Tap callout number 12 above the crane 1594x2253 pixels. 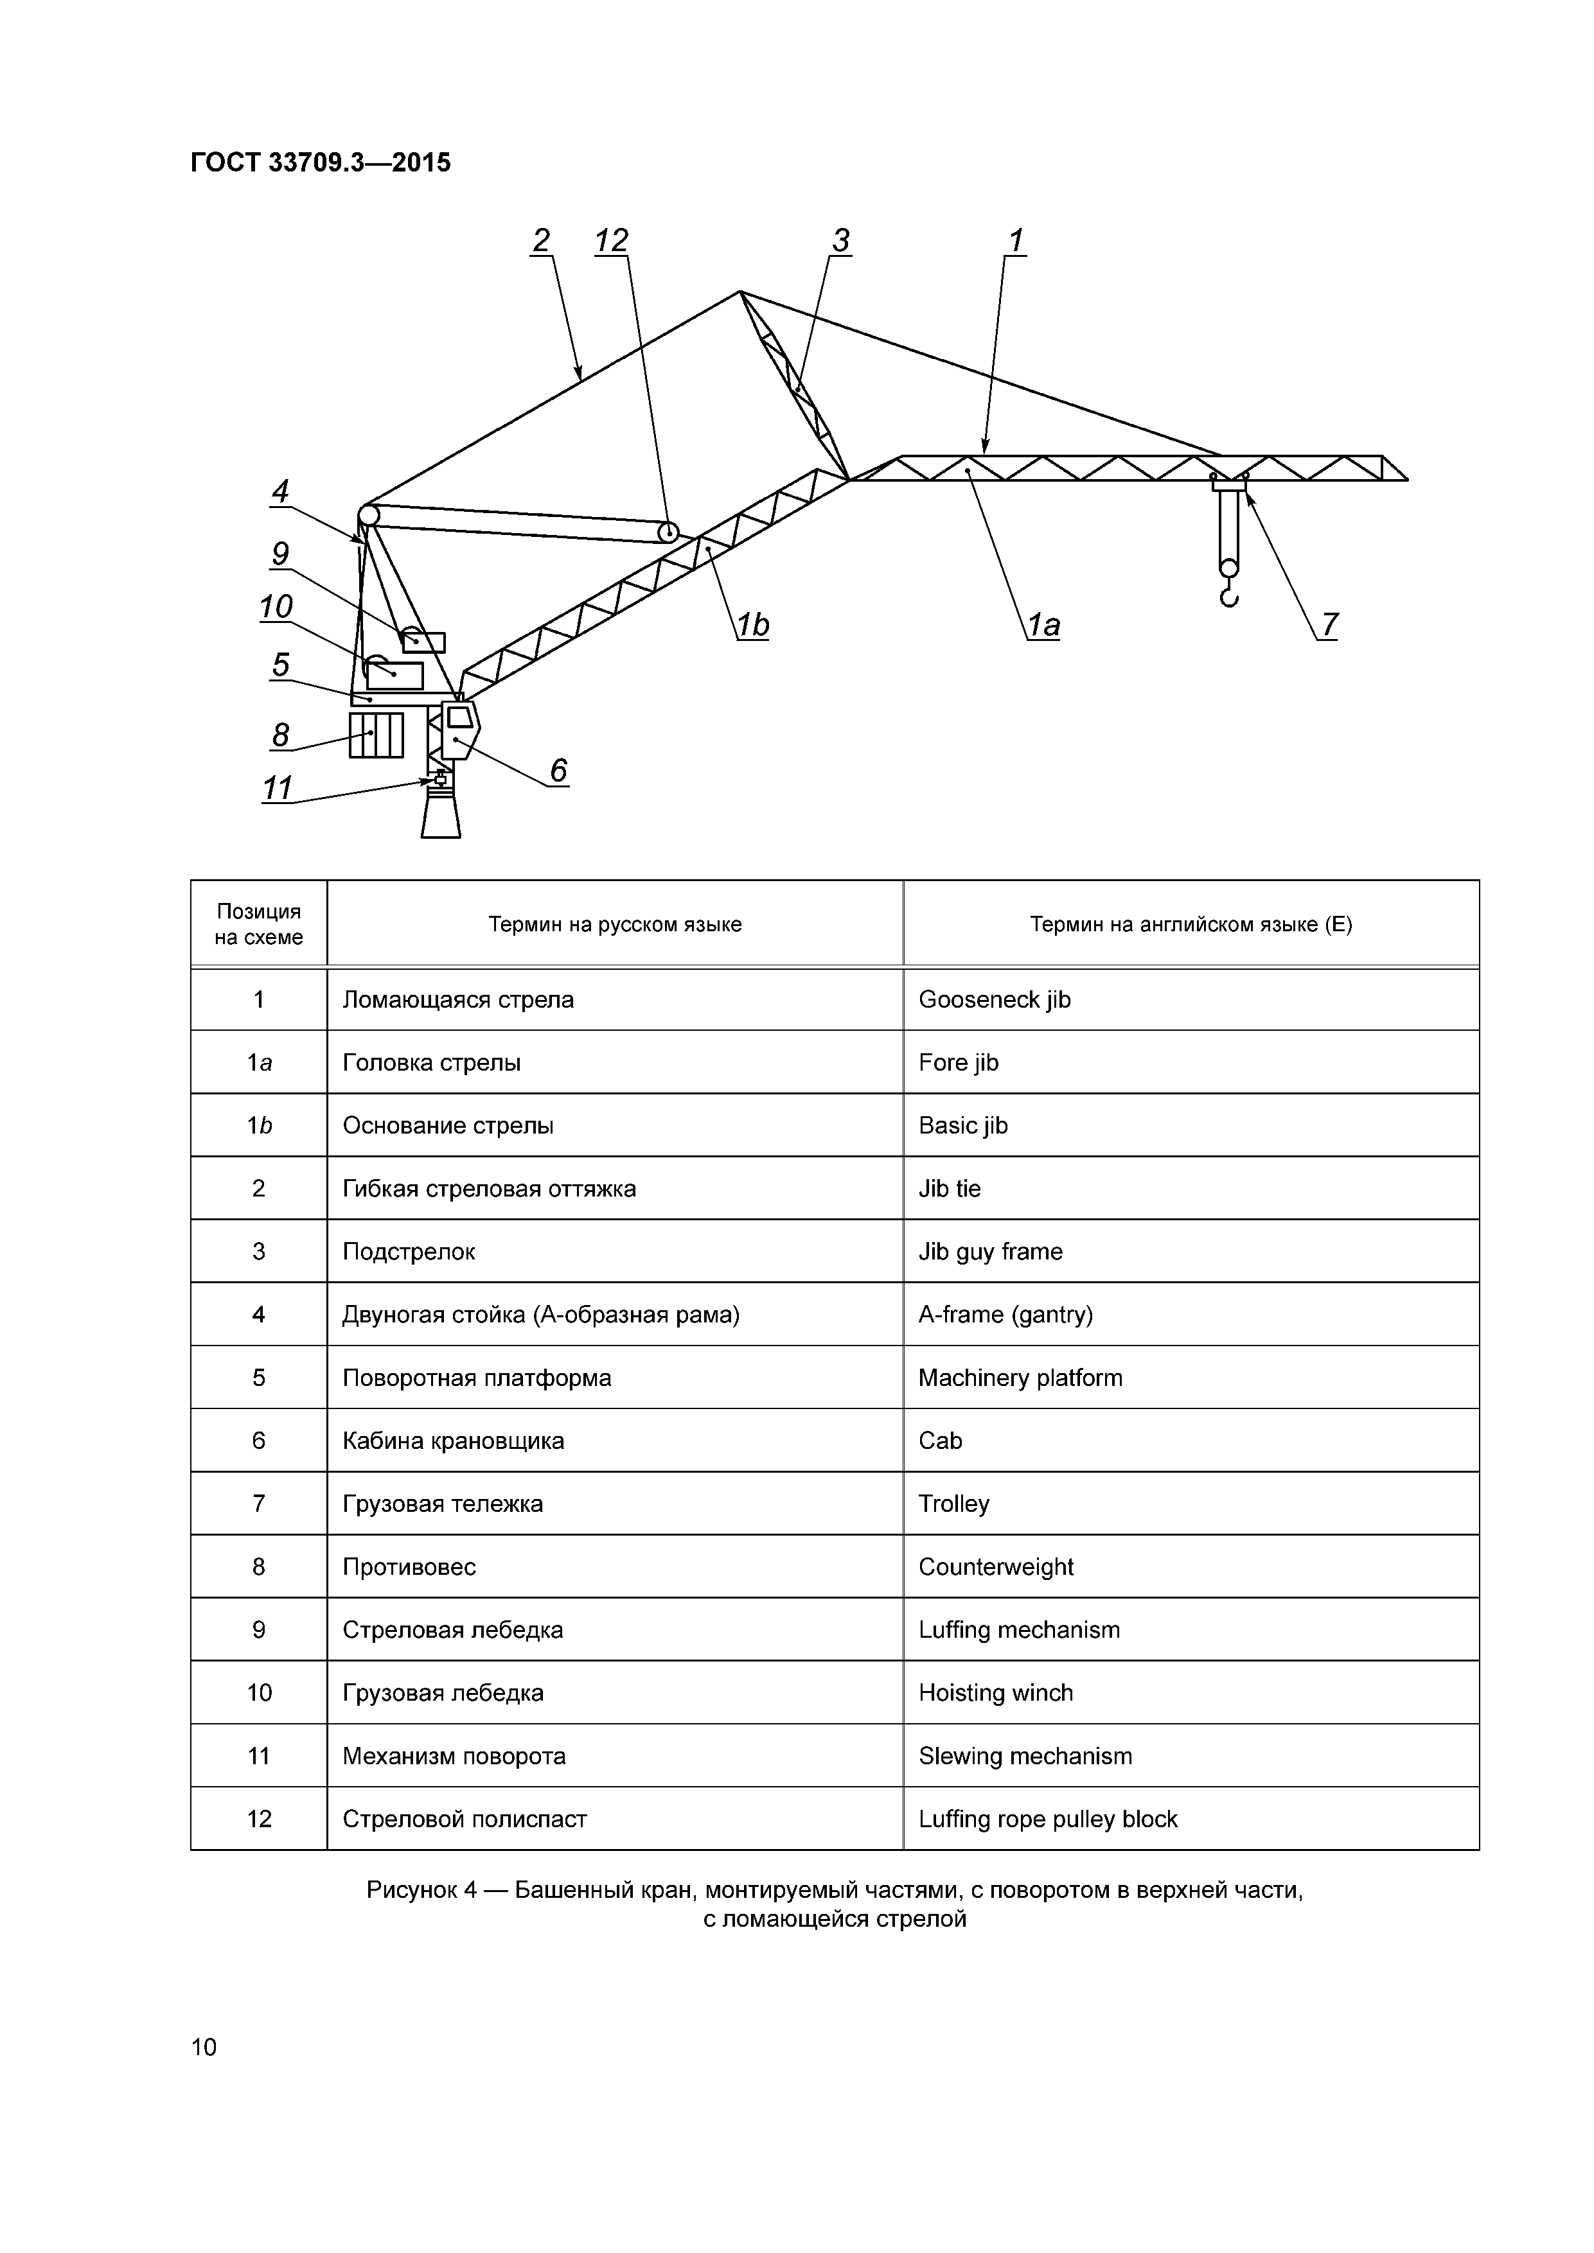click(612, 240)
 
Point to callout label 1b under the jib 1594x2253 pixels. click(753, 625)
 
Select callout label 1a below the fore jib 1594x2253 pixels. click(1043, 625)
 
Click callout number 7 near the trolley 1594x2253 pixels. click(1329, 624)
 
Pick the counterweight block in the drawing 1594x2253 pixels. click(376, 735)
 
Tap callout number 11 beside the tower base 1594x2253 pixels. click(278, 788)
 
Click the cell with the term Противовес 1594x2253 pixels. click(409, 1567)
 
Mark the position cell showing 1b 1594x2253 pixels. click(259, 1125)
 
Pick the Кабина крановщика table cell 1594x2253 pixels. click(454, 1441)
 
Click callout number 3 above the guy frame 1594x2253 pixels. click(840, 240)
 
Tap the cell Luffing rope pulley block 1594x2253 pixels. click(1047, 1819)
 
